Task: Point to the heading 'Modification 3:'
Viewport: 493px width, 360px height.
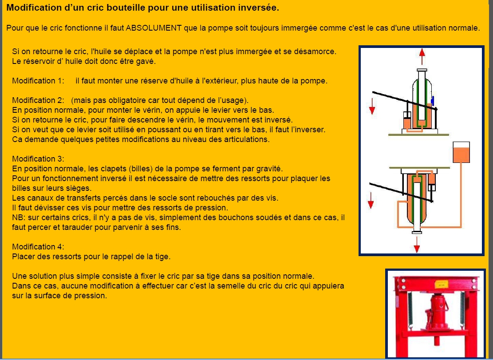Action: tap(38, 159)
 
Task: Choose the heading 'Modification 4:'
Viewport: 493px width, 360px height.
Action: tap(38, 247)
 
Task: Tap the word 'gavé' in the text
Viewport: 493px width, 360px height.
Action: tap(146, 61)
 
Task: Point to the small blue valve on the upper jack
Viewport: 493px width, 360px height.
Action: tap(433, 100)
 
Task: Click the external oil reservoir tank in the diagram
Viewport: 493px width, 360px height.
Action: tap(461, 152)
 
